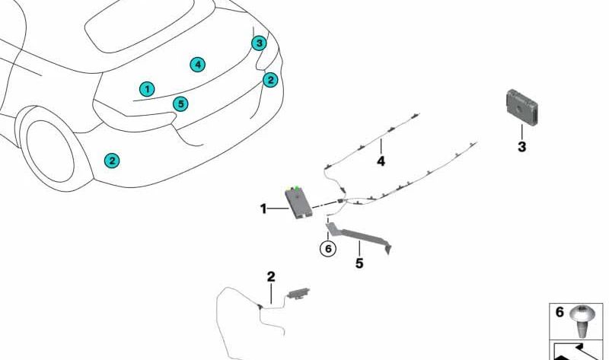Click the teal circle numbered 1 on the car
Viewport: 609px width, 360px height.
pyautogui.click(x=147, y=89)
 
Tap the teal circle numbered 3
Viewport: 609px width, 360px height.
pyautogui.click(x=259, y=43)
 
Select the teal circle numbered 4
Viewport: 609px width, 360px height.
pyautogui.click(x=198, y=65)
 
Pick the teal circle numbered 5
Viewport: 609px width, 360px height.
pyautogui.click(x=180, y=104)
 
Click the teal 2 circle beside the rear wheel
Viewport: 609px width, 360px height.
pyautogui.click(x=112, y=161)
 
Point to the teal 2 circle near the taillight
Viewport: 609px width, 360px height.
pyautogui.click(x=270, y=80)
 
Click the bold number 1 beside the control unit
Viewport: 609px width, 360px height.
pyautogui.click(x=263, y=209)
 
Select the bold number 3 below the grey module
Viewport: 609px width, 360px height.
pyautogui.click(x=521, y=147)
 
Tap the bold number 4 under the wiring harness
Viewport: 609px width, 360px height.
pyautogui.click(x=381, y=161)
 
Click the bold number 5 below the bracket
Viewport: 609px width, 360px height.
pyautogui.click(x=359, y=263)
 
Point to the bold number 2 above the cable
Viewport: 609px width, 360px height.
pyautogui.click(x=271, y=276)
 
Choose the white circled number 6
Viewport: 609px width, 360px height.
pyautogui.click(x=328, y=248)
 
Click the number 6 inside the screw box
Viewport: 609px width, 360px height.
pyautogui.click(x=560, y=312)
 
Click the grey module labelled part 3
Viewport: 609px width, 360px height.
pyautogui.click(x=522, y=107)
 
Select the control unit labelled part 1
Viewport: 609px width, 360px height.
pyautogui.click(x=299, y=202)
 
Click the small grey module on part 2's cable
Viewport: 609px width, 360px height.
pyautogui.click(x=298, y=293)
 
